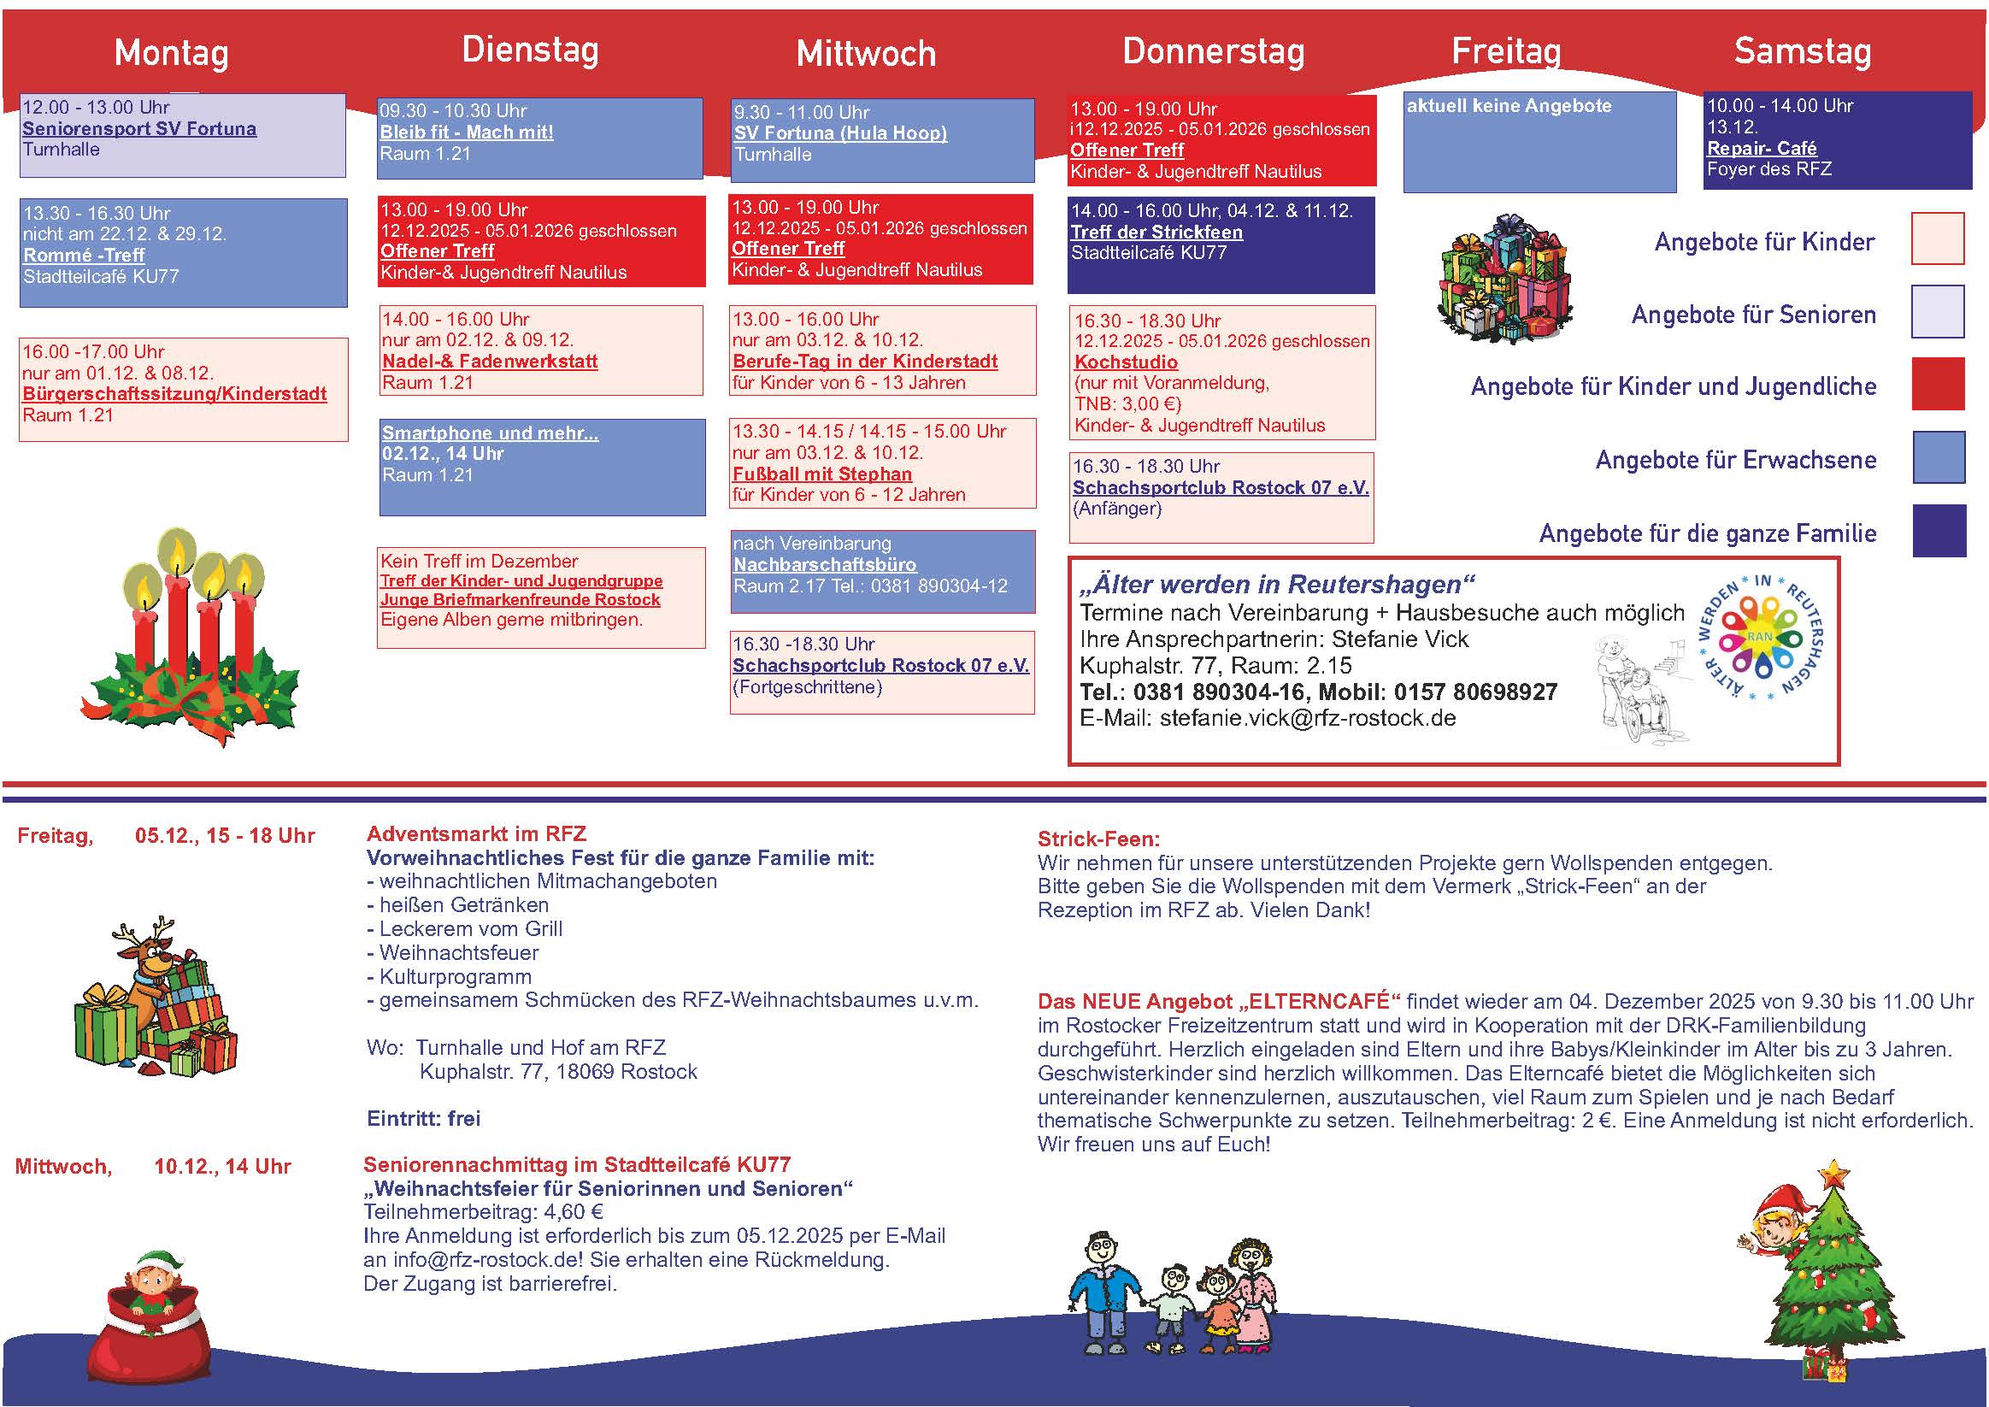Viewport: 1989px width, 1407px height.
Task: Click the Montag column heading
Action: click(x=172, y=54)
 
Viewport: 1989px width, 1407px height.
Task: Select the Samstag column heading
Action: click(x=1802, y=52)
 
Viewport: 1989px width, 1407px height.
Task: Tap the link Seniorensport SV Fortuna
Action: click(x=139, y=129)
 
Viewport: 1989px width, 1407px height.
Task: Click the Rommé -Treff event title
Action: click(x=83, y=256)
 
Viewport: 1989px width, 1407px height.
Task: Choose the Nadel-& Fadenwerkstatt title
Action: click(x=490, y=362)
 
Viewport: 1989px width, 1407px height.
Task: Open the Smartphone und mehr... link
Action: click(x=490, y=433)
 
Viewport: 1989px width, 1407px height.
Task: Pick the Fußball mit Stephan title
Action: click(x=822, y=474)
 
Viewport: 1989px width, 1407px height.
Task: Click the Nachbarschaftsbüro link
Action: click(x=825, y=565)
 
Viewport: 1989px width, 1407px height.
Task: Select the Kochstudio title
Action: click(x=1126, y=362)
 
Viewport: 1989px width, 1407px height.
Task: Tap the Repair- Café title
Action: click(x=1761, y=148)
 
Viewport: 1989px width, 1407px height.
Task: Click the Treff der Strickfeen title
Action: click(x=1156, y=233)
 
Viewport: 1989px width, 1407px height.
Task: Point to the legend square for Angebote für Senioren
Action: click(x=1937, y=312)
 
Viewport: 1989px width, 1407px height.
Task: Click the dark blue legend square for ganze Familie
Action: click(x=1939, y=530)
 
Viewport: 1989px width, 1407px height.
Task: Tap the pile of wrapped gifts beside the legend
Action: click(x=1505, y=279)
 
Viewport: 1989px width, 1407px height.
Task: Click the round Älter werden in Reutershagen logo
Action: click(x=1762, y=639)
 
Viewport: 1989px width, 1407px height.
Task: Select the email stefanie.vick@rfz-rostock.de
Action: click(x=1307, y=718)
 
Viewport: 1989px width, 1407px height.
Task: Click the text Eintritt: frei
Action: click(x=424, y=1118)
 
